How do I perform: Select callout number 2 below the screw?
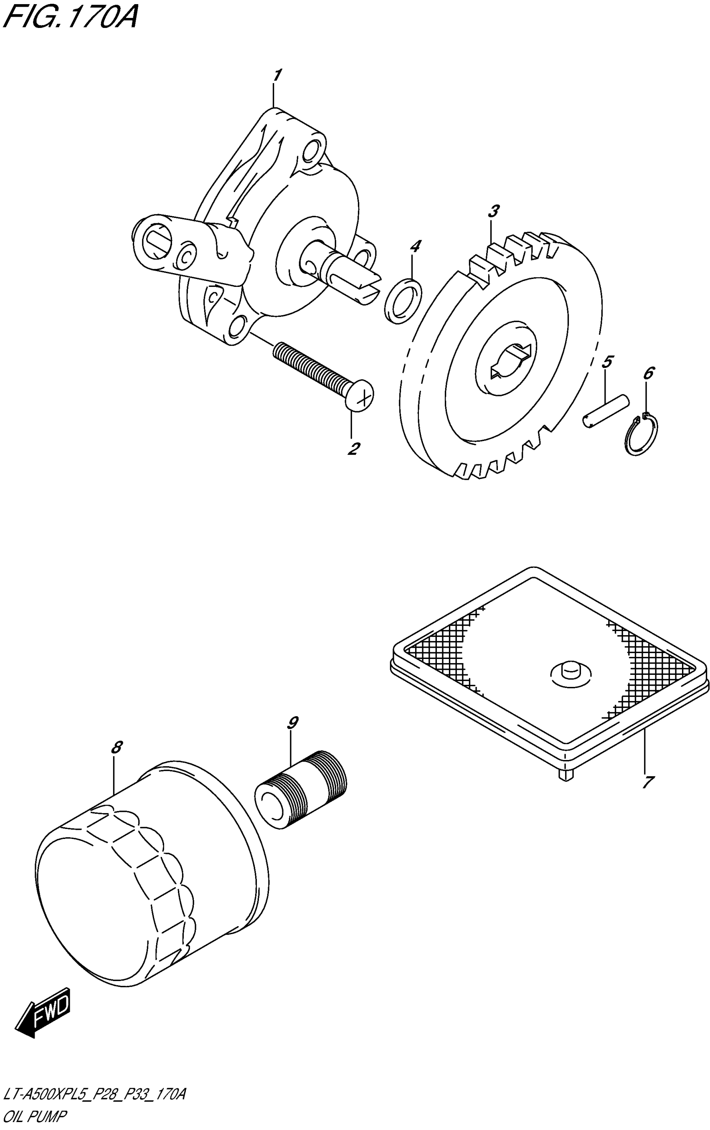tap(353, 448)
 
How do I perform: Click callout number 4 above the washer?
tap(414, 246)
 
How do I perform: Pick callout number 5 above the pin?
tap(606, 362)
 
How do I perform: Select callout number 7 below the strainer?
tap(647, 782)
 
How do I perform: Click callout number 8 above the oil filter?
tap(117, 747)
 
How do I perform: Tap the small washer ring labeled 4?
tap(403, 300)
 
